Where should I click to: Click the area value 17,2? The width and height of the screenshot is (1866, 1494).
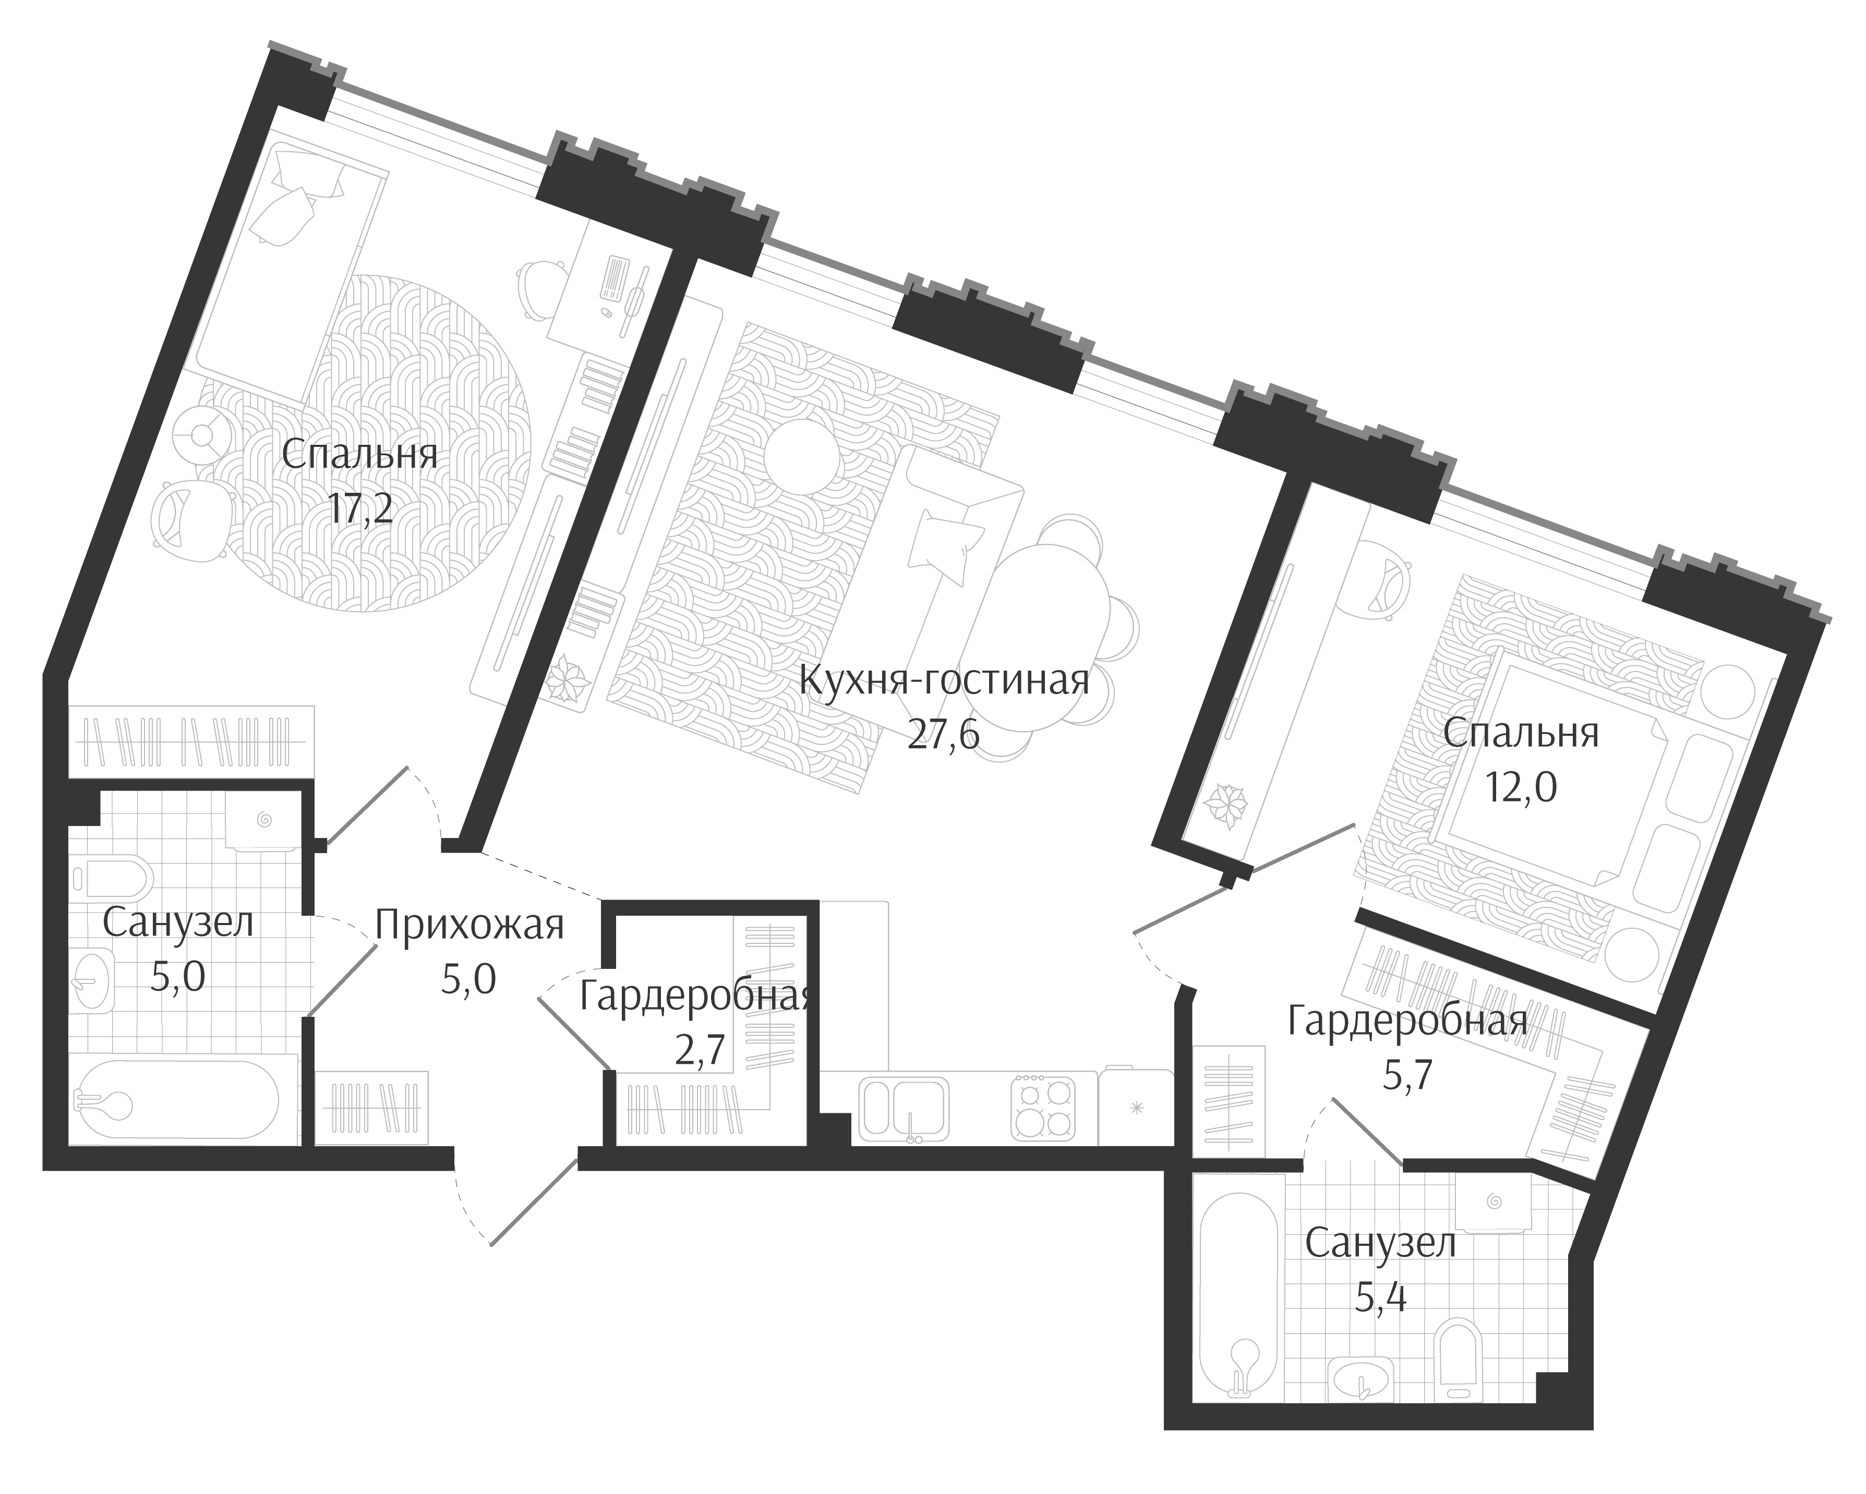click(x=360, y=509)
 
